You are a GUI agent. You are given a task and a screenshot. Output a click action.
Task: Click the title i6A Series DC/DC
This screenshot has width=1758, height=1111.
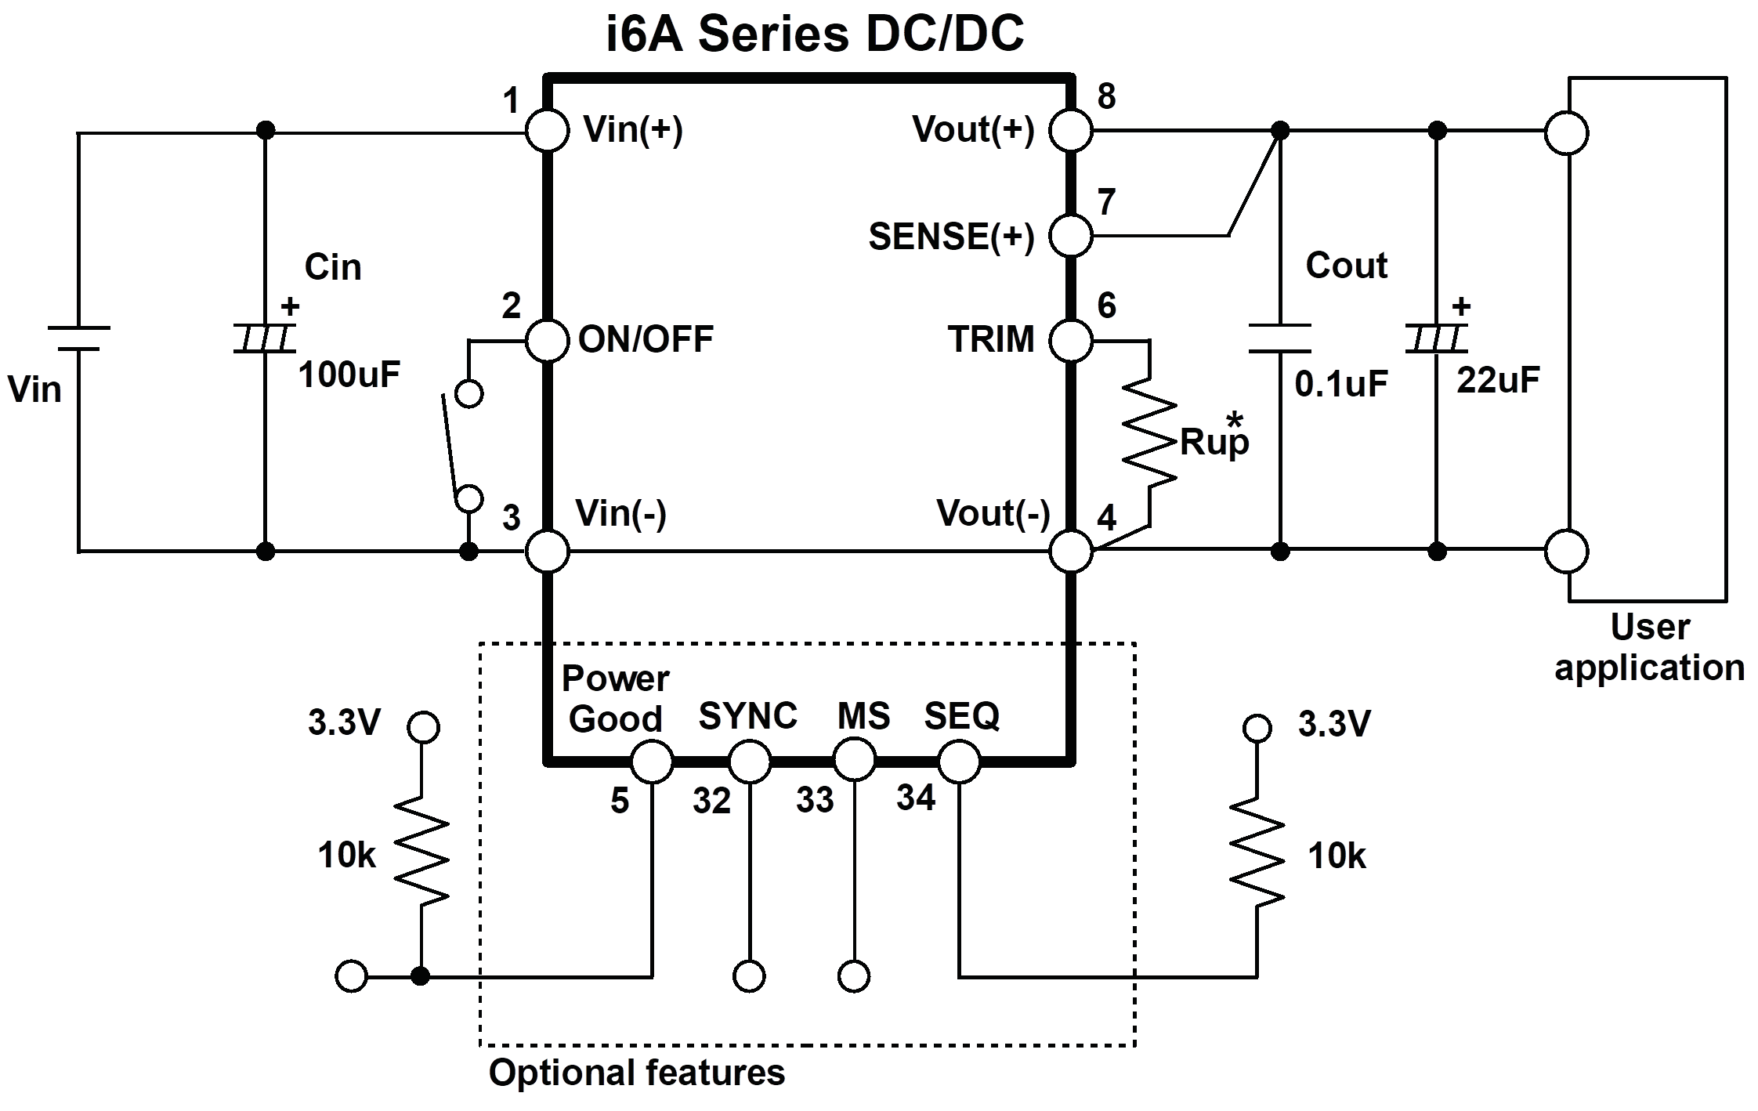(x=815, y=34)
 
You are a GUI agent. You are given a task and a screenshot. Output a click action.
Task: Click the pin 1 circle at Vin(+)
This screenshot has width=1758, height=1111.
(x=547, y=131)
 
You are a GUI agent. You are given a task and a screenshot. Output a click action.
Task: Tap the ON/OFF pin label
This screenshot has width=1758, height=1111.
(x=646, y=340)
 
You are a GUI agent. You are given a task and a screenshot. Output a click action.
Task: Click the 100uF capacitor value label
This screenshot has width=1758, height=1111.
(x=349, y=375)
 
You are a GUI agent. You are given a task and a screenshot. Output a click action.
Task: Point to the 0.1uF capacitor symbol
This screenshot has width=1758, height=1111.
(x=1279, y=338)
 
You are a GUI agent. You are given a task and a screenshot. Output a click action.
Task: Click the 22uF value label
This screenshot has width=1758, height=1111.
(x=1498, y=381)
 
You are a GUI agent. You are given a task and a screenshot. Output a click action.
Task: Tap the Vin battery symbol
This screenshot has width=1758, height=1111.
(x=78, y=338)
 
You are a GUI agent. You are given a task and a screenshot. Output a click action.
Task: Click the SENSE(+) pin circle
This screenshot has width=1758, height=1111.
(x=1070, y=235)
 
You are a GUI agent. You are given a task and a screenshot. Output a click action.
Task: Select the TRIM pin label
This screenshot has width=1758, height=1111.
(x=991, y=340)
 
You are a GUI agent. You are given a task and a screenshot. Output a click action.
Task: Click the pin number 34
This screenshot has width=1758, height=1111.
(x=916, y=798)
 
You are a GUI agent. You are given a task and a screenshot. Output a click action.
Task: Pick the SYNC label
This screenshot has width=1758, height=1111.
(x=747, y=716)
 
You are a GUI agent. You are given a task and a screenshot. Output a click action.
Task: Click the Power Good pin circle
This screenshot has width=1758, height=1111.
(x=652, y=761)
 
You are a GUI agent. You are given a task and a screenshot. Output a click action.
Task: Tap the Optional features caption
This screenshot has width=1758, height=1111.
(x=636, y=1073)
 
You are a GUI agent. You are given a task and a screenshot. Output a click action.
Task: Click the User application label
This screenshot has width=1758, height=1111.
(x=1649, y=647)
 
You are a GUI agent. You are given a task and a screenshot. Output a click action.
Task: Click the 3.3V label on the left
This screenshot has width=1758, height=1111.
(x=344, y=723)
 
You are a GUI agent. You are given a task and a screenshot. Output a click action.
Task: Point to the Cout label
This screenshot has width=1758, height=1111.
(x=1346, y=266)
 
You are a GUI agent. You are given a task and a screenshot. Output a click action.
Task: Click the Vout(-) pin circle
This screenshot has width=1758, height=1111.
(x=1070, y=551)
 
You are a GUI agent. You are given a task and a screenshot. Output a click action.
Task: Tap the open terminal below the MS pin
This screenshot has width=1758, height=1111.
(x=853, y=977)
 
